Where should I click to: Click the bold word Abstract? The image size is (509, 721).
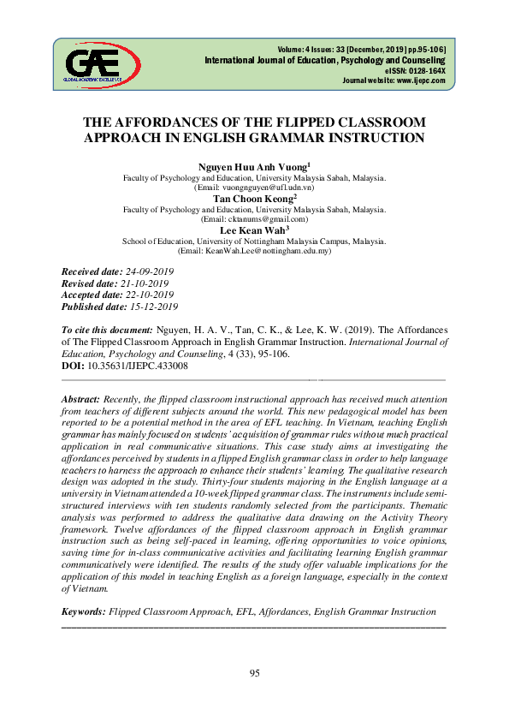tap(81, 400)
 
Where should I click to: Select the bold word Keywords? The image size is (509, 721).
tap(84, 611)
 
